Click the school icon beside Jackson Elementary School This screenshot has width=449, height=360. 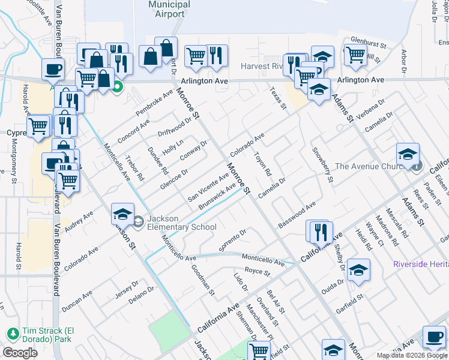[x=122, y=214]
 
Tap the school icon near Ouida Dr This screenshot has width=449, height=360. [x=358, y=271]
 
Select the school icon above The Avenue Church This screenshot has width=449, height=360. [x=408, y=154]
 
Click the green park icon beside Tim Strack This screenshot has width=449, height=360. [x=12, y=333]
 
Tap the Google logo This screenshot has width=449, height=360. [x=20, y=353]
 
